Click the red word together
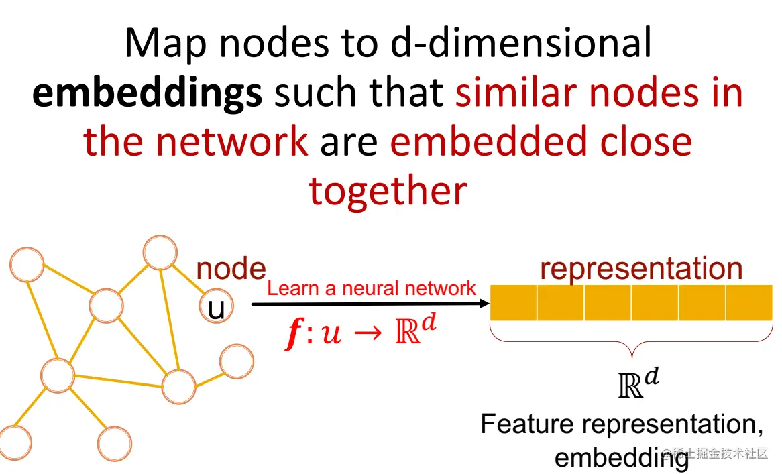point(388,192)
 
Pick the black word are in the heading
point(349,143)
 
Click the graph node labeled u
point(217,306)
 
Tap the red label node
point(231,269)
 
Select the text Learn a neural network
point(372,288)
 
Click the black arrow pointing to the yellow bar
point(371,304)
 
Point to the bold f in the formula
point(294,333)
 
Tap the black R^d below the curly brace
point(639,383)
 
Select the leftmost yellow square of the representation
point(513,302)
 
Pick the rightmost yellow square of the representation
point(749,302)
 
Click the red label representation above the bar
point(641,269)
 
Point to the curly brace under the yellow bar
point(631,341)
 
